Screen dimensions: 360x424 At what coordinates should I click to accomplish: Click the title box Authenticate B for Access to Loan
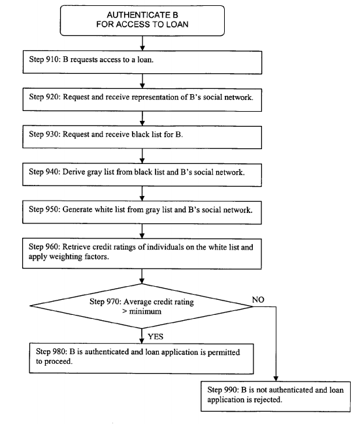(142, 20)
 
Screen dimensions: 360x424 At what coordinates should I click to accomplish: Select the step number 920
(52, 97)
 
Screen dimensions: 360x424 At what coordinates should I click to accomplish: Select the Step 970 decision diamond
(142, 306)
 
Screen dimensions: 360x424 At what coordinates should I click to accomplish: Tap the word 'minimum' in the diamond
(145, 312)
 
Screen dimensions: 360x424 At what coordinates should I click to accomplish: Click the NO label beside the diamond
(258, 300)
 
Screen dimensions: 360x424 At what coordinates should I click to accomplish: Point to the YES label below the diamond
(155, 336)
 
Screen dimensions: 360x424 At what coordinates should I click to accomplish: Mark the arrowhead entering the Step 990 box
(276, 379)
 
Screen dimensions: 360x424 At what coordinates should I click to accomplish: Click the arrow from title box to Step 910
(142, 43)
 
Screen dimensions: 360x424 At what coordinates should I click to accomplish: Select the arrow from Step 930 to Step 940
(142, 155)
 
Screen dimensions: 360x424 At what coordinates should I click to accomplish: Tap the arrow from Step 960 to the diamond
(142, 276)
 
